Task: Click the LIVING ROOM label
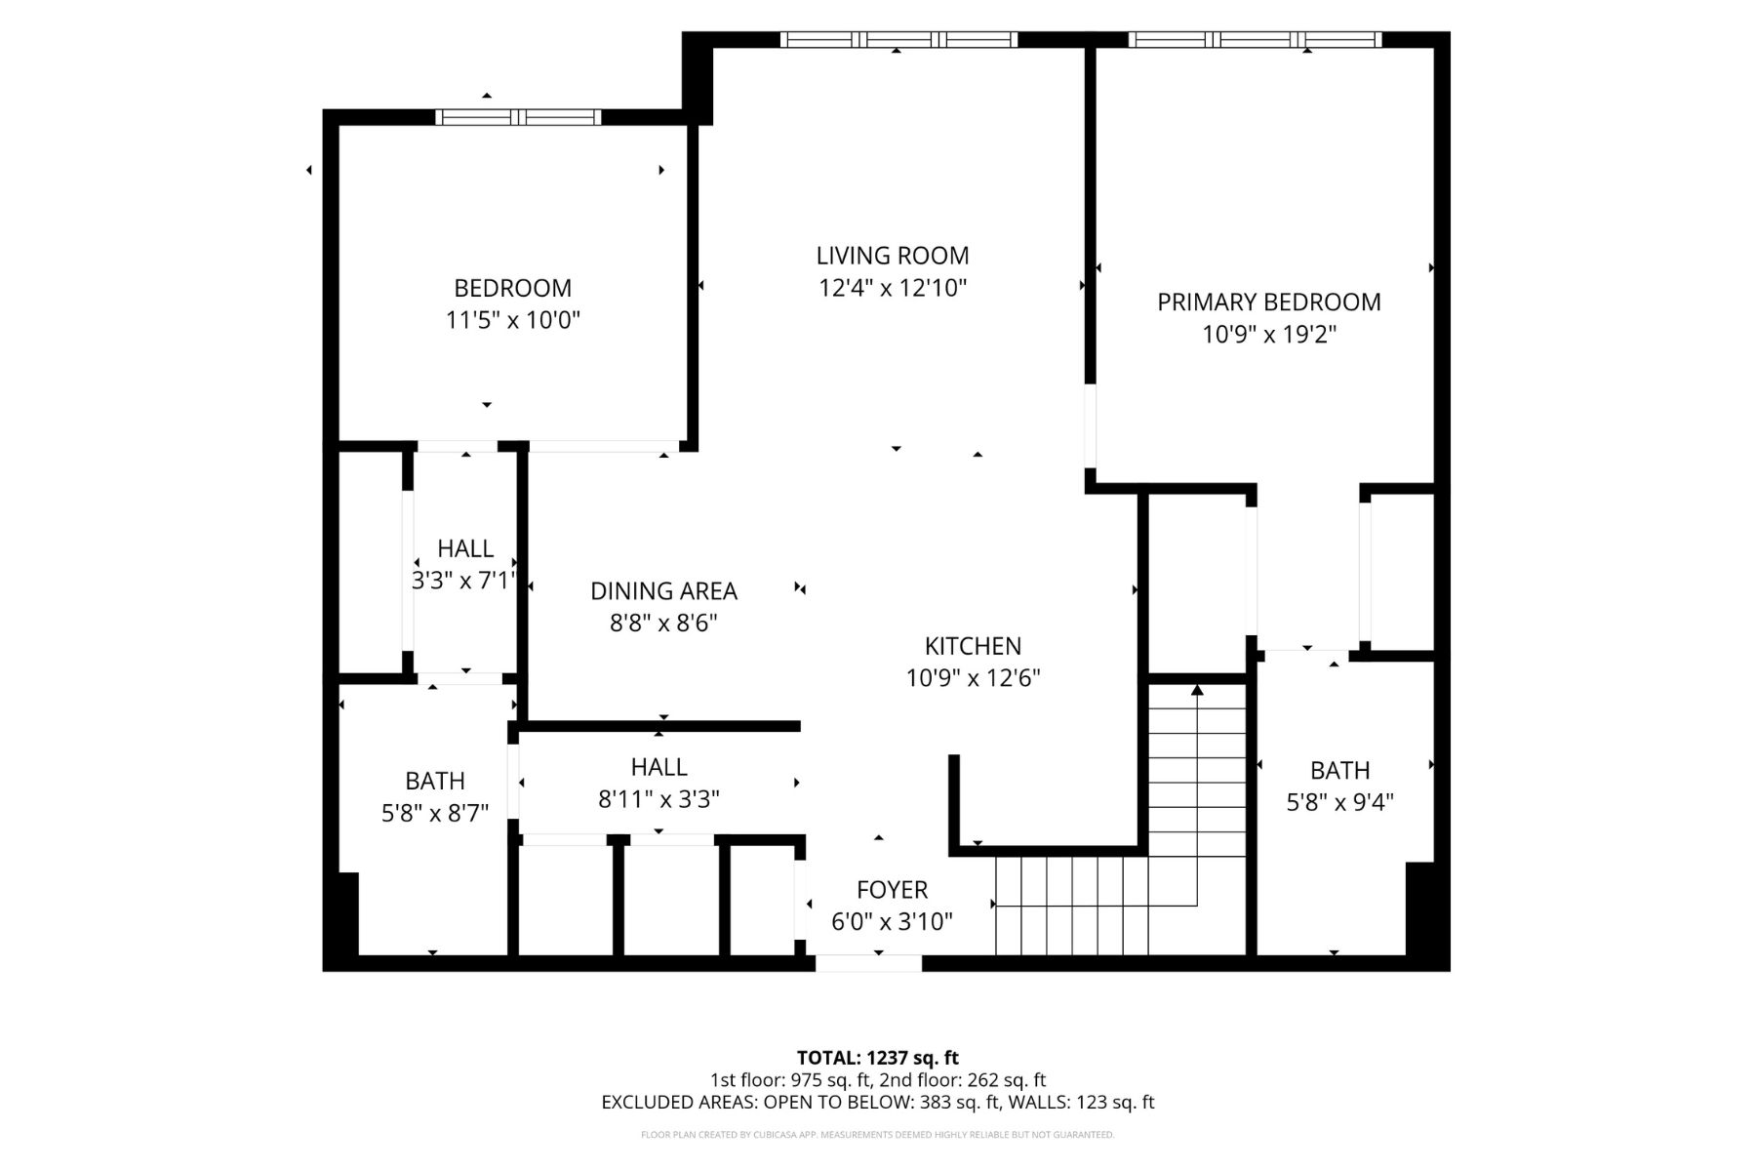pyautogui.click(x=893, y=256)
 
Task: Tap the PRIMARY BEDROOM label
pyautogui.click(x=1269, y=303)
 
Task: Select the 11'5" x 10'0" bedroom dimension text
pyautogui.click(x=513, y=320)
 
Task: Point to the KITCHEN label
pyautogui.click(x=973, y=646)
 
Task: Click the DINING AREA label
pyautogui.click(x=663, y=591)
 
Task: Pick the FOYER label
pyautogui.click(x=892, y=890)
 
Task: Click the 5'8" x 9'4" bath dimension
pyautogui.click(x=1339, y=802)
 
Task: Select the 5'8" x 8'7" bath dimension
pyautogui.click(x=435, y=813)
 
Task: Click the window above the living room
pyautogui.click(x=898, y=40)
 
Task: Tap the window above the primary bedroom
pyautogui.click(x=1255, y=40)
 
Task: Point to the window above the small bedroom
pyautogui.click(x=518, y=118)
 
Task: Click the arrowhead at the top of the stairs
pyautogui.click(x=1197, y=690)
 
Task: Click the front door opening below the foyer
pyautogui.click(x=868, y=964)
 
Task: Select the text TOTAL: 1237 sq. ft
pyautogui.click(x=878, y=1058)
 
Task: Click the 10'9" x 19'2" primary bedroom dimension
pyautogui.click(x=1269, y=335)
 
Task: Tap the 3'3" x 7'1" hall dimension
pyautogui.click(x=463, y=581)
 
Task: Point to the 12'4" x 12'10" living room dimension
pyautogui.click(x=893, y=288)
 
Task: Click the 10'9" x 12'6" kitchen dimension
pyautogui.click(x=974, y=678)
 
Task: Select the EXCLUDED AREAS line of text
pyautogui.click(x=878, y=1103)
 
